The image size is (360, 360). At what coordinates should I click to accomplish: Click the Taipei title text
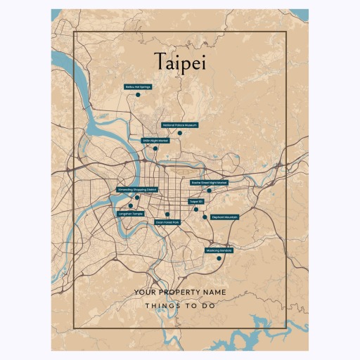(x=179, y=61)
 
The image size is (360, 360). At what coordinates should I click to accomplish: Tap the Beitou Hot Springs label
(x=138, y=87)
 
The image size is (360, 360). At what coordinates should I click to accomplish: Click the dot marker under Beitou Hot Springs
(x=139, y=94)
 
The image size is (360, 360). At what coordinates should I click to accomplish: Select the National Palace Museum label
(x=180, y=125)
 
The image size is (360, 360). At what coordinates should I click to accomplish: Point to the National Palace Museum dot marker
(x=180, y=133)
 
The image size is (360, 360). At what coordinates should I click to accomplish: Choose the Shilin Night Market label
(x=156, y=141)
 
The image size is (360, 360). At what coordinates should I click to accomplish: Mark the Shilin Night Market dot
(x=155, y=148)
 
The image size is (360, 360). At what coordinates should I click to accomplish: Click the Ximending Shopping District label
(x=137, y=190)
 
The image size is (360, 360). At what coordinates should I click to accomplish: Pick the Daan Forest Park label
(x=167, y=222)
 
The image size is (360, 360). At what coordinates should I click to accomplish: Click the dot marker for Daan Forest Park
(x=167, y=214)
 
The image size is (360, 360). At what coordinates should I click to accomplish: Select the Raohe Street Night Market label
(x=210, y=182)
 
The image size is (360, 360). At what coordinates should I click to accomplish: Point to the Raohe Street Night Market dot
(x=209, y=190)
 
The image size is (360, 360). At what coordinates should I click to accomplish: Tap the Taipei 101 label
(x=196, y=201)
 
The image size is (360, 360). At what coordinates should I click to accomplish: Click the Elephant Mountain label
(x=224, y=217)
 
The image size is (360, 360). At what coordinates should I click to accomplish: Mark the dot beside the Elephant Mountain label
(x=205, y=217)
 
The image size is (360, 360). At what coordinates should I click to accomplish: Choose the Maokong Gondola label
(x=219, y=250)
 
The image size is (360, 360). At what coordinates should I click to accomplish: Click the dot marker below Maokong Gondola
(x=219, y=258)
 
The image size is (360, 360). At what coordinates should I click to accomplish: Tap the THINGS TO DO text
(x=180, y=306)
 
